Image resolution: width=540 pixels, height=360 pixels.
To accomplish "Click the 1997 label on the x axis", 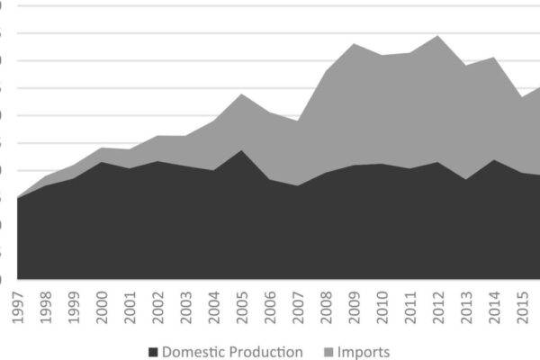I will pos(16,305).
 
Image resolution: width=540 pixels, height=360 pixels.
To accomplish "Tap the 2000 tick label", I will pos(101,305).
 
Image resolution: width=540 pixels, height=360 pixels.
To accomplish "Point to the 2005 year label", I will pos(241,305).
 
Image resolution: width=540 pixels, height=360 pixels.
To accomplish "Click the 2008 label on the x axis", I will pos(325,305).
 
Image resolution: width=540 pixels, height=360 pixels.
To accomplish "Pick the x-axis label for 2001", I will pos(129,305).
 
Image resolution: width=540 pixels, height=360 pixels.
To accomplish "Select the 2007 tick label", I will pos(297,305).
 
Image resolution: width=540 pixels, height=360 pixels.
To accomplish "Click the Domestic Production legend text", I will pos(232,352).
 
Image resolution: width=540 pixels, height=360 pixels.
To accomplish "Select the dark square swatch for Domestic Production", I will pos(154,352).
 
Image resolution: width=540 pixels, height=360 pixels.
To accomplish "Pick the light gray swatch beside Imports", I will pos(328,352).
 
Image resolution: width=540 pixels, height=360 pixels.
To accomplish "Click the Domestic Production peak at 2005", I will pos(241,150).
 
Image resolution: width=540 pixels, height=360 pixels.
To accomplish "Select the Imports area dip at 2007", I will pos(297,120).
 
